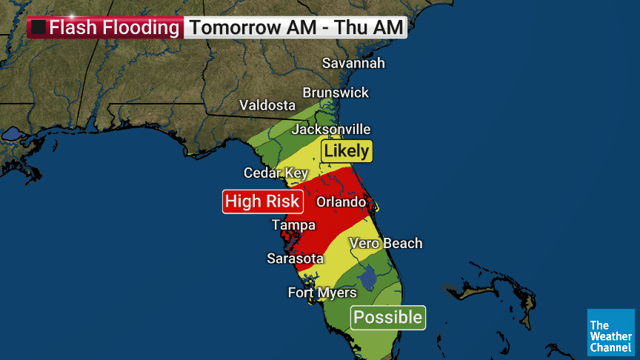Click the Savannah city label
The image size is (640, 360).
click(353, 63)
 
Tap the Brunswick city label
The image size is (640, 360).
click(336, 93)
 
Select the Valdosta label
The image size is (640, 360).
click(267, 105)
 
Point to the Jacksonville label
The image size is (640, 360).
click(330, 129)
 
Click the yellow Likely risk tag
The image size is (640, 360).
click(346, 151)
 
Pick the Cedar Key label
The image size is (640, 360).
click(276, 173)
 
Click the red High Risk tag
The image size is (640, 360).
click(262, 201)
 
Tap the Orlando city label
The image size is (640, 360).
click(341, 201)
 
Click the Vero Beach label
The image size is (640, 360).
click(386, 243)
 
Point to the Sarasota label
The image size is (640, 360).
click(296, 259)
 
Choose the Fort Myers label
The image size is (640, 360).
click(322, 293)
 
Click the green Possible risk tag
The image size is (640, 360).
click(387, 318)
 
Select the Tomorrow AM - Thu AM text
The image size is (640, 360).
click(296, 28)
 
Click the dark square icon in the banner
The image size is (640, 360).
click(39, 28)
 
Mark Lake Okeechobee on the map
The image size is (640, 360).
click(366, 278)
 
